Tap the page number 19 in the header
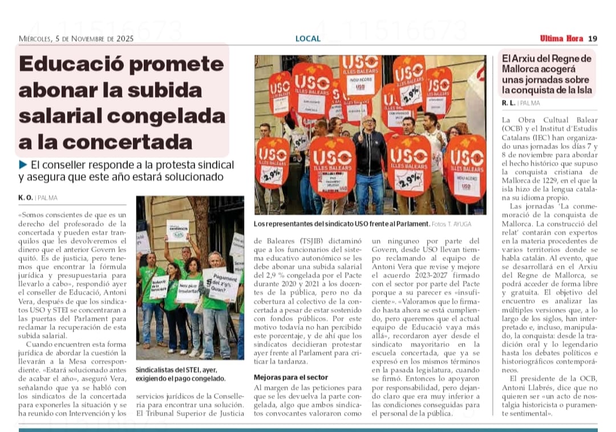click(593, 39)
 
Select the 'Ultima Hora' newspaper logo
click(561, 39)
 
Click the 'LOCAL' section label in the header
click(308, 39)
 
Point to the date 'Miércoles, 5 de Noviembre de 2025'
click(76, 39)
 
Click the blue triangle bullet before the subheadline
click(23, 165)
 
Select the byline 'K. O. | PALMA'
click(38, 197)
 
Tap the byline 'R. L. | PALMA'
click(521, 103)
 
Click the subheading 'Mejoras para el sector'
click(291, 377)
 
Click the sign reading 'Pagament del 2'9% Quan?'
click(220, 284)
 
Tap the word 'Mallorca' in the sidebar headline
click(524, 69)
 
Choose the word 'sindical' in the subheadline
click(212, 165)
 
